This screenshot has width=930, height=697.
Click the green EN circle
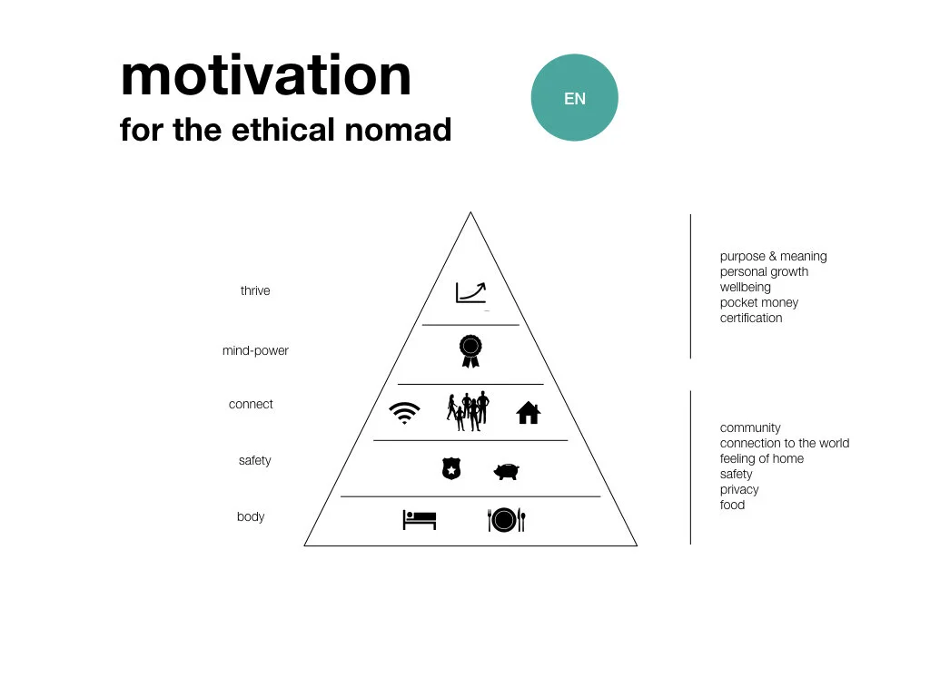pos(574,98)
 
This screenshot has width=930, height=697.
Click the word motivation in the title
pos(265,76)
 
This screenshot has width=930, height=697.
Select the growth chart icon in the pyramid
pos(470,291)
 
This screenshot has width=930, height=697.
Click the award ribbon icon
pos(470,350)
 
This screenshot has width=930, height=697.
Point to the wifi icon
pos(404,413)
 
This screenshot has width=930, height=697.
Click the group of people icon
pos(468,410)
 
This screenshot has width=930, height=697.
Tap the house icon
pos(528,413)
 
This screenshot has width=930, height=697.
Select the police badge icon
pos(450,469)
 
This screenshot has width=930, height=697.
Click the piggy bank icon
pos(506,471)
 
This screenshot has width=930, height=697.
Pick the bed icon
pos(420,520)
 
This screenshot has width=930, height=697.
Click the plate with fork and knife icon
pos(506,520)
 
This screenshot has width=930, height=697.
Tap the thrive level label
pos(255,291)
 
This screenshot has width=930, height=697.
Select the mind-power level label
pos(255,351)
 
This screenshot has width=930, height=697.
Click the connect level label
pos(251,405)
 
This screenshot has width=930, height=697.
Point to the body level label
pos(251,517)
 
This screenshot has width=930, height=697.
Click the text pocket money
pos(759,303)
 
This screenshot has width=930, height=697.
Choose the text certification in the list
pos(751,319)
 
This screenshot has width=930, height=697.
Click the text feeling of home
pos(762,459)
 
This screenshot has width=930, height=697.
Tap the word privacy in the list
pos(739,490)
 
